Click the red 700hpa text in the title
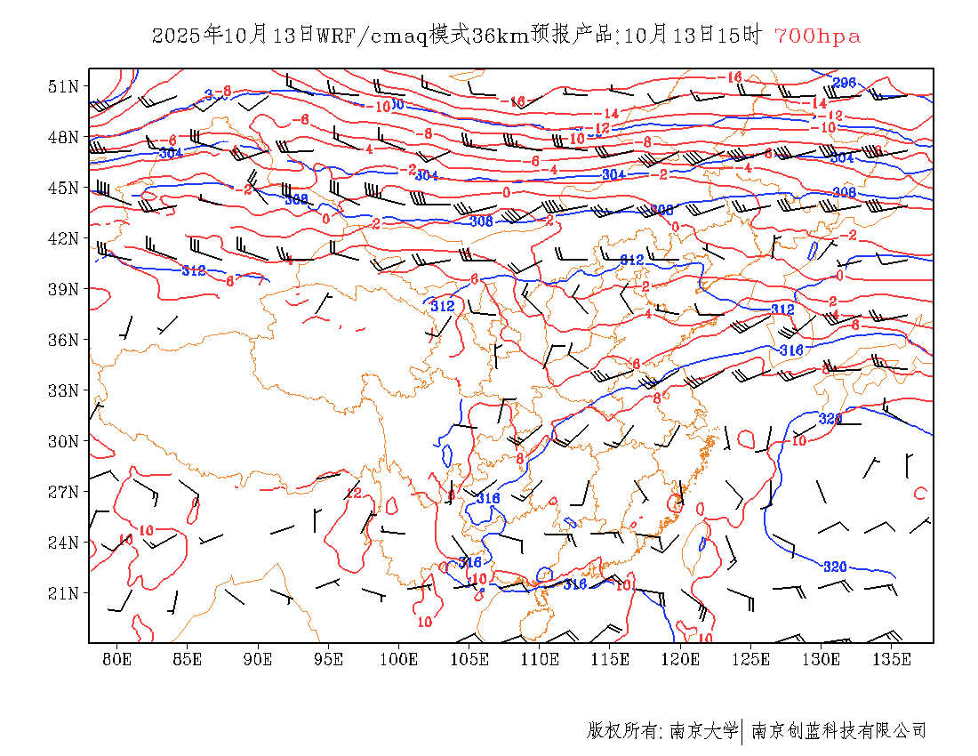pyautogui.click(x=817, y=36)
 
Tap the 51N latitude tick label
pyautogui.click(x=64, y=86)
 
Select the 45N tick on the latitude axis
pyautogui.click(x=64, y=188)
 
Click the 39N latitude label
pyautogui.click(x=64, y=289)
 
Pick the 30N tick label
pyautogui.click(x=64, y=441)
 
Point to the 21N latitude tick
pyautogui.click(x=64, y=593)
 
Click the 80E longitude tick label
pyautogui.click(x=117, y=659)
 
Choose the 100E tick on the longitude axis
pyautogui.click(x=399, y=659)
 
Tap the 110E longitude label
pyautogui.click(x=540, y=659)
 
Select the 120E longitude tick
pyautogui.click(x=681, y=659)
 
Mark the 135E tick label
pyautogui.click(x=892, y=659)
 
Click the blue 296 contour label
pyautogui.click(x=844, y=83)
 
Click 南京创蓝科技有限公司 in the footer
pyautogui.click(x=838, y=731)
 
